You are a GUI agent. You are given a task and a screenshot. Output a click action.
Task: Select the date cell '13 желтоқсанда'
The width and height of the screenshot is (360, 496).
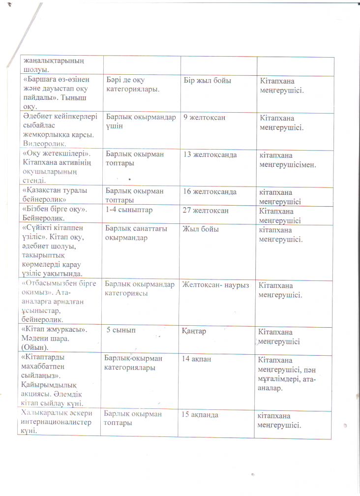coord(210,155)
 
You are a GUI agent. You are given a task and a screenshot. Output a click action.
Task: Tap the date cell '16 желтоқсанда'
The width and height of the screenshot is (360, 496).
coord(210,191)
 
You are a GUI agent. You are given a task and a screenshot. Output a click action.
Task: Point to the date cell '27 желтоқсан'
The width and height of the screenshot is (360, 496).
coord(204,210)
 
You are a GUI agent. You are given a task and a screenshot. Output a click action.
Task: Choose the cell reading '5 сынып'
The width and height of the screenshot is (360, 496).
coord(121,331)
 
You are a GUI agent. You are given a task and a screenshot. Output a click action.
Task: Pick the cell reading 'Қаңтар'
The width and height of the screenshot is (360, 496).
coord(194,331)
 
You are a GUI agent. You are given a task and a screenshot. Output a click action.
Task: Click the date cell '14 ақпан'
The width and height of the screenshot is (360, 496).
coord(197,359)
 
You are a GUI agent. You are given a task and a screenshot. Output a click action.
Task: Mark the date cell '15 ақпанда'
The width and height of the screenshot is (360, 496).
coord(201,415)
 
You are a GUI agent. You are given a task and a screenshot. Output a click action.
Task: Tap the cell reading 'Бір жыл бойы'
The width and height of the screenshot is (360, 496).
coord(207,80)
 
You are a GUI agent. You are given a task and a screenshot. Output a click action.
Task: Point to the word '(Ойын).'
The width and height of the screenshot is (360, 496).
coord(37,348)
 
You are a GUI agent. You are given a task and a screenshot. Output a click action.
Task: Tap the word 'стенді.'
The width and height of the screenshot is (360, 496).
coord(34,180)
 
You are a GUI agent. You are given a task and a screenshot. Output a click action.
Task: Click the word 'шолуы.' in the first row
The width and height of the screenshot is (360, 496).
coord(32,69)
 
